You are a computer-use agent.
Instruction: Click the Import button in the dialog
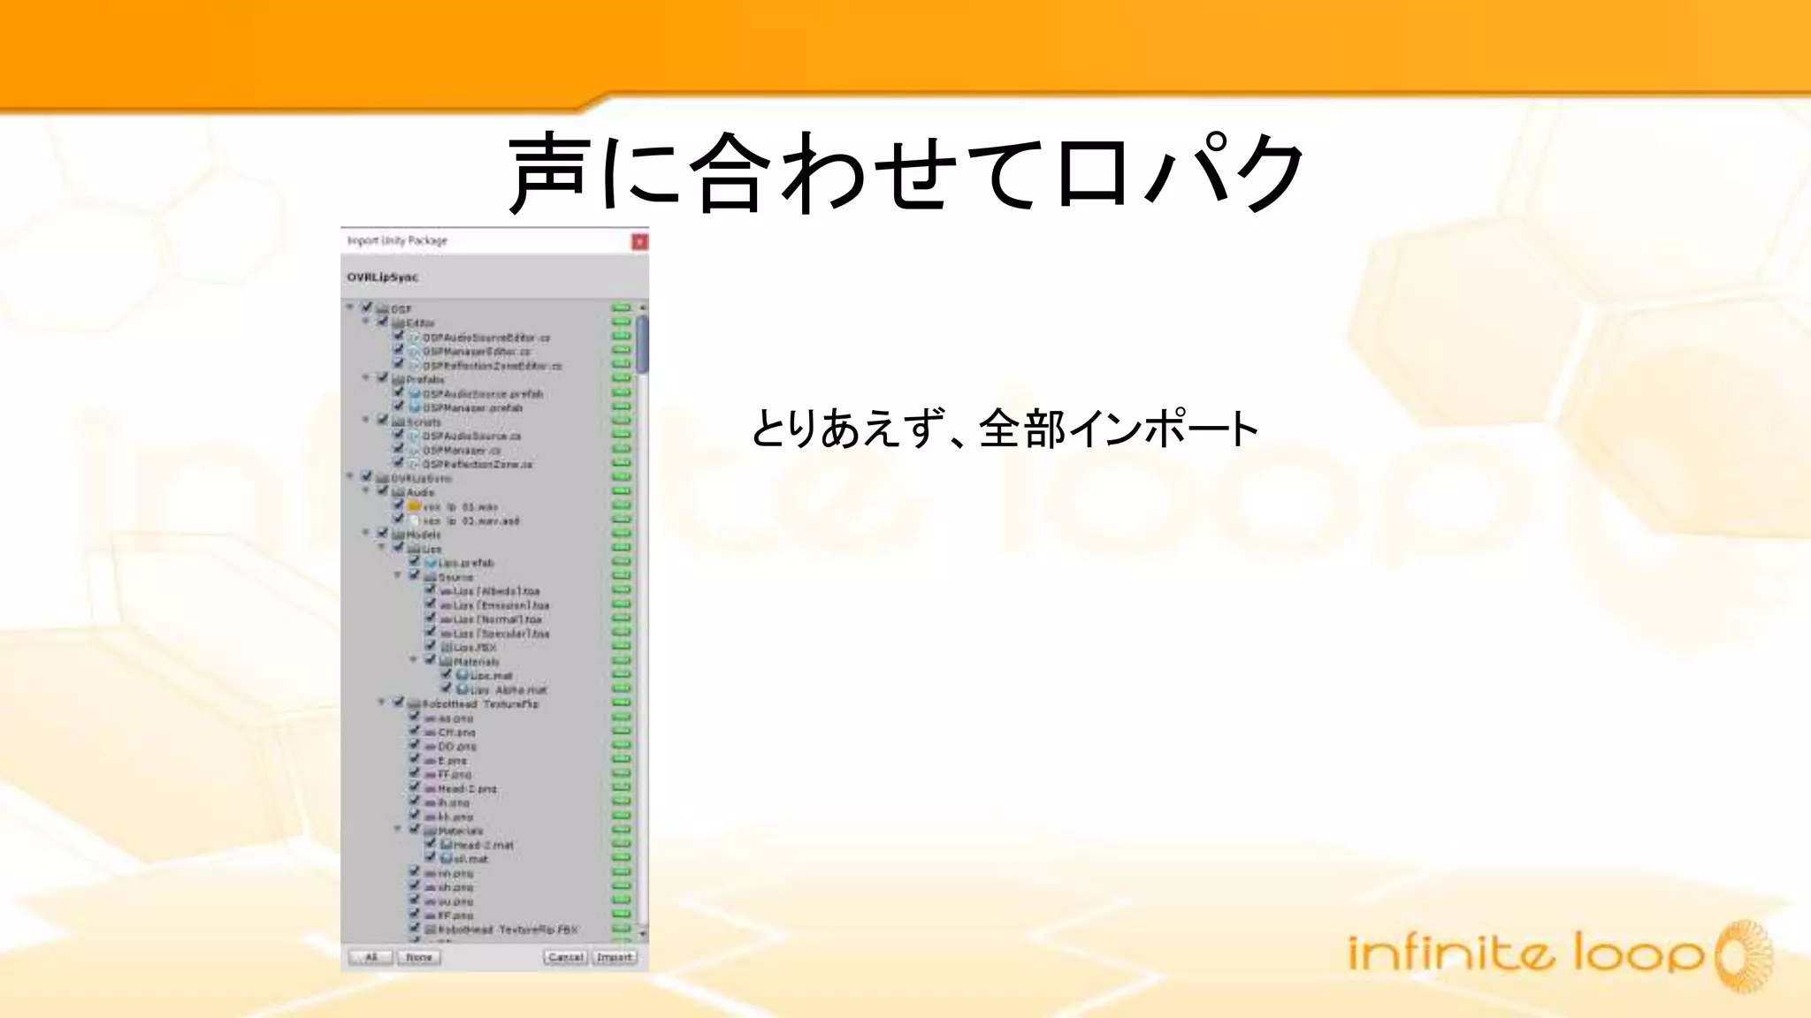coord(615,957)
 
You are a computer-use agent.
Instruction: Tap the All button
coord(371,957)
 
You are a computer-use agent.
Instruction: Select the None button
coord(419,957)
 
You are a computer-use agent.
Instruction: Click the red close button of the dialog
coord(639,242)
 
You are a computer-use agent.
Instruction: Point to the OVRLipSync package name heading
coord(382,277)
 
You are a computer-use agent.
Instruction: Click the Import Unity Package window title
coord(397,240)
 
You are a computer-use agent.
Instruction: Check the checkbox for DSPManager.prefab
coord(399,406)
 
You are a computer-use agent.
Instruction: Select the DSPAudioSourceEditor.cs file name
coord(485,338)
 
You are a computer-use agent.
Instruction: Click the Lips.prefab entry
coord(466,563)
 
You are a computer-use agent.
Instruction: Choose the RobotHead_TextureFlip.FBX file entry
coord(508,930)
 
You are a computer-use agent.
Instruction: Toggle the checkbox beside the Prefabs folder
coord(383,378)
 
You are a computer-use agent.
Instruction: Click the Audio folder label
coord(420,492)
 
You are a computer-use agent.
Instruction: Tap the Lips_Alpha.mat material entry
coord(508,690)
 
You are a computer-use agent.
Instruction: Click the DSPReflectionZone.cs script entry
coord(477,464)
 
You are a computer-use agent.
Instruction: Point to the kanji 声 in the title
coord(548,172)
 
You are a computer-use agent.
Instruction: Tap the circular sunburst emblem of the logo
coord(1743,956)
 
